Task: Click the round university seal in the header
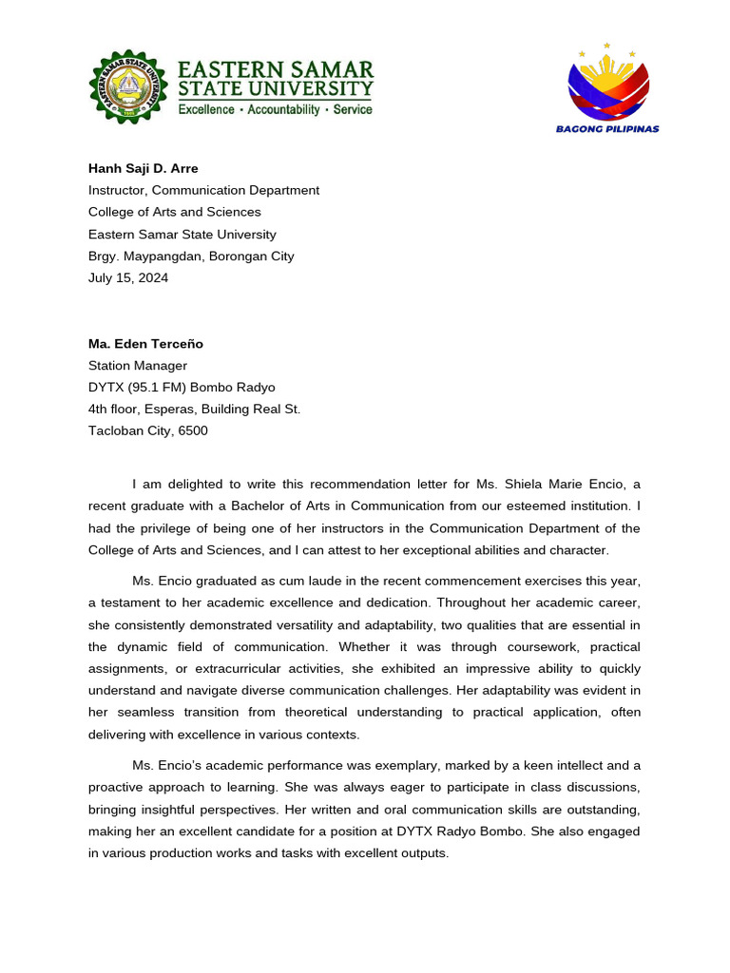132,86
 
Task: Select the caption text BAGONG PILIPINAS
607,129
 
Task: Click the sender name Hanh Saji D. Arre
144,168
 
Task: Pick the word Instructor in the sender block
117,190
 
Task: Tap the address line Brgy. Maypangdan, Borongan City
191,256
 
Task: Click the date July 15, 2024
128,277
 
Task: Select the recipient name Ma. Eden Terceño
145,343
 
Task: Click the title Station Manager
138,365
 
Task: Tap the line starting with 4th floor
194,409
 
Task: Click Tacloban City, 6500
148,430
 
